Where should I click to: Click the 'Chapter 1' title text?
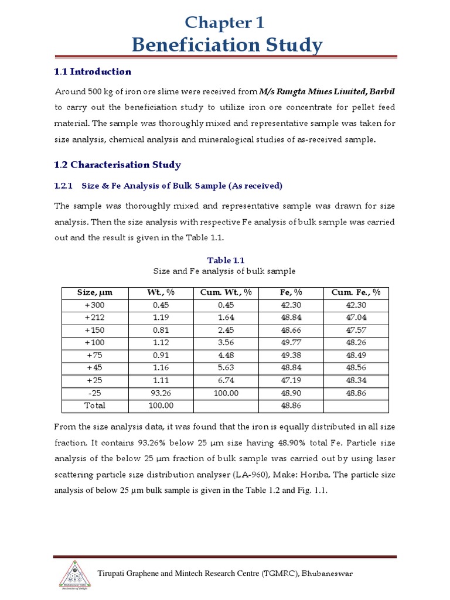click(x=225, y=22)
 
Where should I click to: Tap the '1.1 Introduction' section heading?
click(x=93, y=71)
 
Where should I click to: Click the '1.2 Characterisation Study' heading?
click(x=118, y=165)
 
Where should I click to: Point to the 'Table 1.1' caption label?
click(x=225, y=260)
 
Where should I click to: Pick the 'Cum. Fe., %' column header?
click(x=356, y=293)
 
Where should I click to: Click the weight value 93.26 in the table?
click(x=160, y=393)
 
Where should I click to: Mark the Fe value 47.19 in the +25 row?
click(x=291, y=380)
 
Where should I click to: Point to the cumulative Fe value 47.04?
click(x=356, y=317)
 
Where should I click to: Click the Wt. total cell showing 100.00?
click(x=160, y=405)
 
